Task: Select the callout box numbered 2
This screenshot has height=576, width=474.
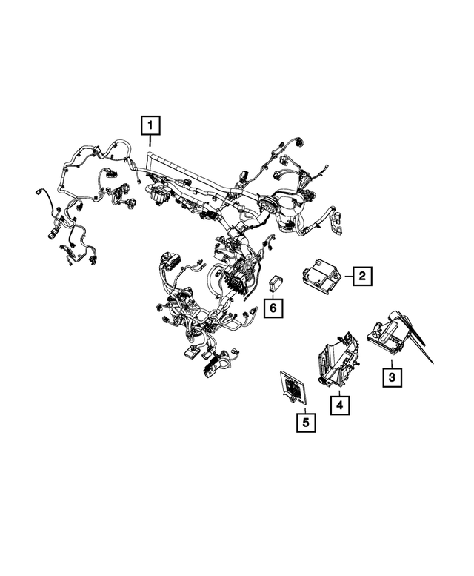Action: pyautogui.click(x=361, y=277)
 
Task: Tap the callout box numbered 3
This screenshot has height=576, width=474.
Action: pyautogui.click(x=393, y=378)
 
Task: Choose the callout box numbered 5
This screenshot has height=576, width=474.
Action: pyautogui.click(x=304, y=423)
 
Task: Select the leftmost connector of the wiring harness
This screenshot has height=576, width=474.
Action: pyautogui.click(x=39, y=192)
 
